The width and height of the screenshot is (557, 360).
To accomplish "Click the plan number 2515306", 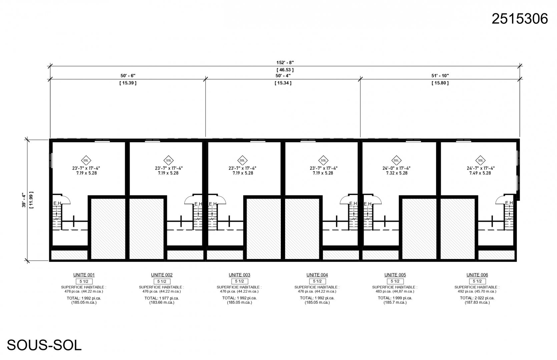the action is coord(519,19).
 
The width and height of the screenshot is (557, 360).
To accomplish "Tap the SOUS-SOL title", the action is coord(44,345).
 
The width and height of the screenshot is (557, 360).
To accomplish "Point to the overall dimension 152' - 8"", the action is coord(285,63).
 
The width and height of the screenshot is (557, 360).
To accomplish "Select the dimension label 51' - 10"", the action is coord(440,76).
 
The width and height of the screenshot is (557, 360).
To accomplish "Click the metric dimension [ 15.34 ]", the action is coord(283,83).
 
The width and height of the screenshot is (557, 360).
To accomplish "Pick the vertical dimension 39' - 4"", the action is coord(24,200).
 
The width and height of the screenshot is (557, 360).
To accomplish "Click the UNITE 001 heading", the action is coord(84,275).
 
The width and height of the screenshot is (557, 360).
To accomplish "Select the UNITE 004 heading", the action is coord(317,275).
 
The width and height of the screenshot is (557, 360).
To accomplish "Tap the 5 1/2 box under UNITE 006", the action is coord(477,281).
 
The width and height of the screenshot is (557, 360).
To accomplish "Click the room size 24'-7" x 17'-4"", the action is coord(480,168).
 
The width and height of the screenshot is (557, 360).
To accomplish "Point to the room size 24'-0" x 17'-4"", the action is coord(396,168).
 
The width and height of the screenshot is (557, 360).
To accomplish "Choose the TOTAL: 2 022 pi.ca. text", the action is coord(477,298).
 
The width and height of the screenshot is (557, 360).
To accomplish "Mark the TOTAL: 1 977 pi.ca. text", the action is coord(162,298).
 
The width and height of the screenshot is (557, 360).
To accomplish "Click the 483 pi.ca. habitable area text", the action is coord(395,291).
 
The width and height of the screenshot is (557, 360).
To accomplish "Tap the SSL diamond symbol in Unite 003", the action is coord(242,160).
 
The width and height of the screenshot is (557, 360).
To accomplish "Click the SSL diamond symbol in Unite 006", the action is coord(480,160).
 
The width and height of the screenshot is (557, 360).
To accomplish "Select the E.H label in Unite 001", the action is coord(57,203).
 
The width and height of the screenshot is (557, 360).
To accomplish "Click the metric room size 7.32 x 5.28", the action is coord(397,173).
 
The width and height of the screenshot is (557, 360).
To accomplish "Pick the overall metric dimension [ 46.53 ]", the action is coord(285,70).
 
